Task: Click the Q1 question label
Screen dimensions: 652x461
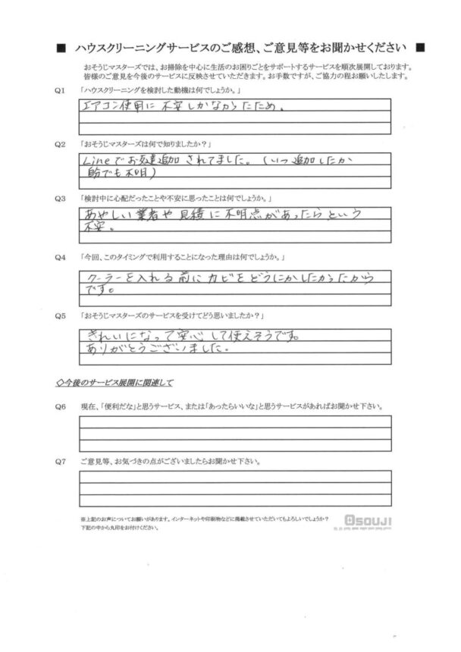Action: click(60, 89)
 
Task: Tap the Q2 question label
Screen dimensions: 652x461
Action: click(60, 143)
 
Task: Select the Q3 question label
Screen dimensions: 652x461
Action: click(60, 197)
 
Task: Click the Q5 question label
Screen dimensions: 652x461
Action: click(60, 315)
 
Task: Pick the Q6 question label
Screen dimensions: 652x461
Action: click(60, 406)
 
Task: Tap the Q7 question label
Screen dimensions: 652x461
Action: click(60, 460)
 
